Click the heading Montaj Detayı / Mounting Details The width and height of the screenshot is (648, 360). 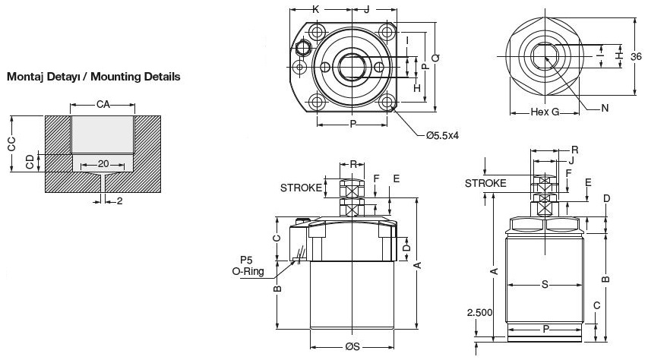point(93,77)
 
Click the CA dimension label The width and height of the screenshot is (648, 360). point(103,105)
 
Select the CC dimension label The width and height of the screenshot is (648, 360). point(11,144)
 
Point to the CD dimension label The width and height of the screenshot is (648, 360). point(30,162)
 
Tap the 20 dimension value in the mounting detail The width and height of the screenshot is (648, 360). point(103,164)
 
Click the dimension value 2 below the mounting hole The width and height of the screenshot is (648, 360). point(119,201)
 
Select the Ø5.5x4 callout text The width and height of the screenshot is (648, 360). point(443,135)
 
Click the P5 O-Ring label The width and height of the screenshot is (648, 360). point(248,266)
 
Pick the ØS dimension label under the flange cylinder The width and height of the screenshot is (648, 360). point(352,347)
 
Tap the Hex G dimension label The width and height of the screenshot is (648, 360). point(545,112)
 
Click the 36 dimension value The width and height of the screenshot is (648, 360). point(636,57)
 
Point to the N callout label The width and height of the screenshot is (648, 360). point(605,109)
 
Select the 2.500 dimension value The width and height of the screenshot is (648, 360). point(480,312)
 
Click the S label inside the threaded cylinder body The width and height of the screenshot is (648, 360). point(545,284)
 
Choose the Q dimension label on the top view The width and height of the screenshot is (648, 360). point(435,58)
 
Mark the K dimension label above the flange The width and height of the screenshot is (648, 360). point(316,9)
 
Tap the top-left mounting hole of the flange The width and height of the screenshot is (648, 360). point(318,32)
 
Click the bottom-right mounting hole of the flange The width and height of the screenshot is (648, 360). point(387,102)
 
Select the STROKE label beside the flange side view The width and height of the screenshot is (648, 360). point(301,188)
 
